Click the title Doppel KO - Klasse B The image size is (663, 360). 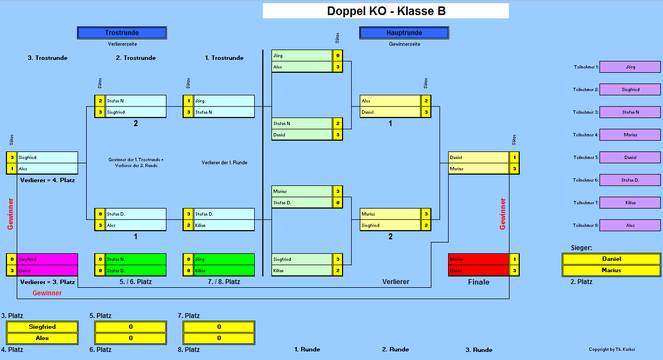pos(386,11)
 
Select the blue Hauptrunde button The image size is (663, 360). pos(404,33)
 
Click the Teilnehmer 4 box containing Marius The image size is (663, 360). pos(630,135)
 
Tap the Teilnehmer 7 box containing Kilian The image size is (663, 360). pos(630,203)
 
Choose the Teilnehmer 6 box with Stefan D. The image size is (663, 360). pos(630,180)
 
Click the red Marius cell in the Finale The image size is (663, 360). pos(478,259)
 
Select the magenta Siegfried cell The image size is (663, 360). pos(47,259)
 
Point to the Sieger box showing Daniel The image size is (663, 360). pos(611,259)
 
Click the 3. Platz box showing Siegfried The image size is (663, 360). pos(42,327)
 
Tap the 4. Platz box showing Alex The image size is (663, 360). pos(42,338)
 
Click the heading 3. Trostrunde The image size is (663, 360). pos(47,58)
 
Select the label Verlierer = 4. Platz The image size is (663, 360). pos(47,180)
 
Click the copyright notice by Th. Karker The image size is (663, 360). pos(612,349)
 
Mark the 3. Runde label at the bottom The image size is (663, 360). pos(479,350)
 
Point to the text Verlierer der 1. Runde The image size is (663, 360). pos(225,162)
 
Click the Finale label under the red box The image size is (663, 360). pos(478,282)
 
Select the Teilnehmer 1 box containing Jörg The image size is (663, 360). pos(630,67)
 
